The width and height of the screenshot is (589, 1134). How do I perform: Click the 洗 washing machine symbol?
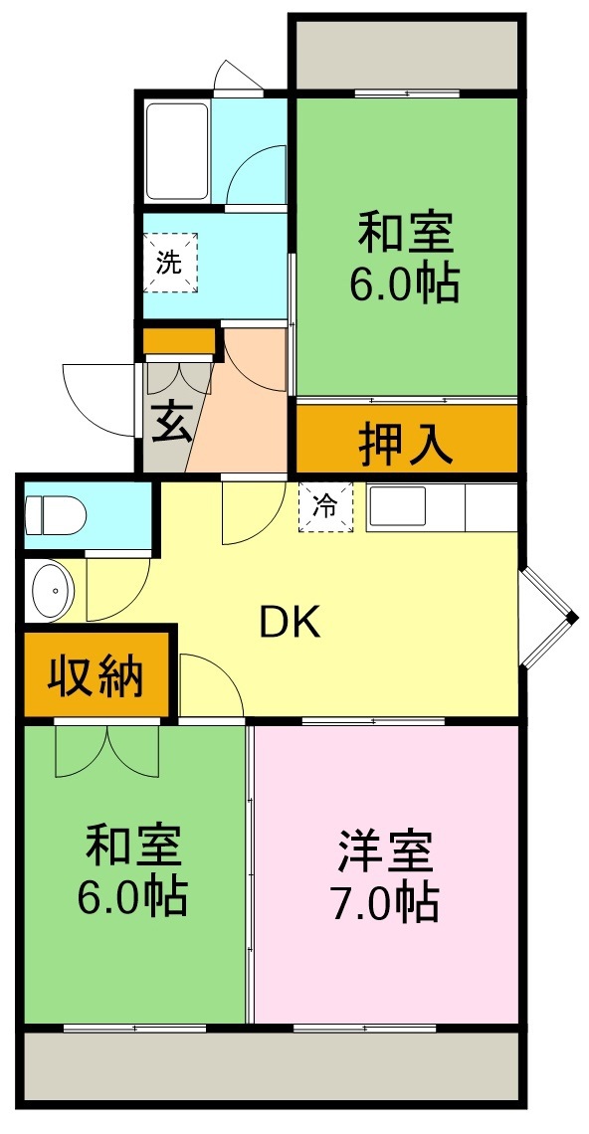pos(170,263)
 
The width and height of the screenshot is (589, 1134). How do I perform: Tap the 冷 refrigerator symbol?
pos(325,506)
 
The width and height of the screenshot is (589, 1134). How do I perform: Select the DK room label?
pos(290,623)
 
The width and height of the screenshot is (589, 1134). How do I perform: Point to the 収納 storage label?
pos(97,676)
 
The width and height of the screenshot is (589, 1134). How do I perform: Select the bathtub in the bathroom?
pos(177,151)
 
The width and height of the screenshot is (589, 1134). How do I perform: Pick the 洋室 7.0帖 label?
pos(385,874)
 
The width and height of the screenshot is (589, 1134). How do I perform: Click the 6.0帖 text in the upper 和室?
pos(405,285)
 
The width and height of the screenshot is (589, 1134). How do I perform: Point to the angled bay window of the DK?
pos(548,618)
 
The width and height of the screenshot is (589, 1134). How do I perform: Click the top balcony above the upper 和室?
pos(405,53)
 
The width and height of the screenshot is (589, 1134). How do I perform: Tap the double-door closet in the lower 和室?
pos(105,750)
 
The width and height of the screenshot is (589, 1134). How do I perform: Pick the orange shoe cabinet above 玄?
pos(179,341)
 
